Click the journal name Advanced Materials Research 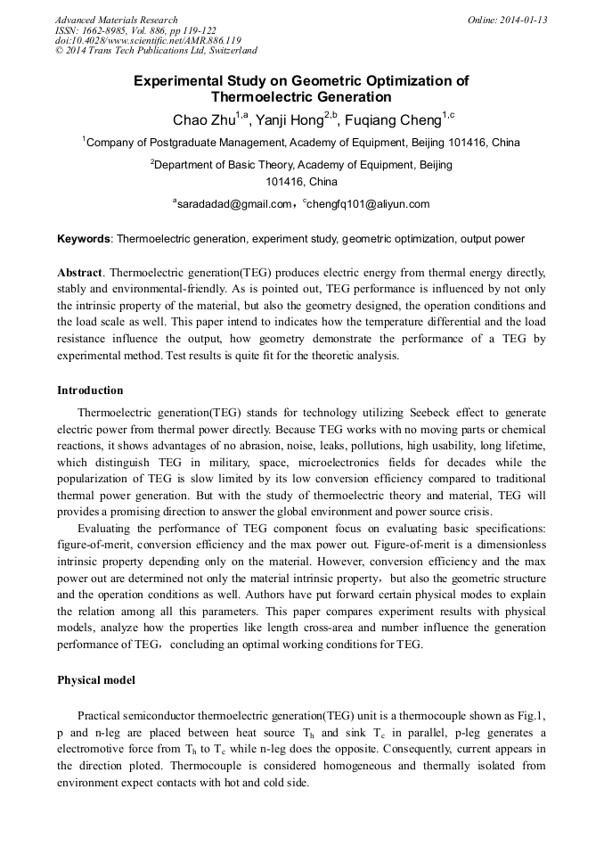tap(116, 20)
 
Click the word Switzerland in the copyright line tap(227, 52)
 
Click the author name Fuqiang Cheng tap(388, 119)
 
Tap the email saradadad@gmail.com tap(234, 204)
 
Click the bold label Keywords tap(85, 239)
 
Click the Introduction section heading tap(90, 391)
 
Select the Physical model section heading tap(96, 680)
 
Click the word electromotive tap(93, 749)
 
